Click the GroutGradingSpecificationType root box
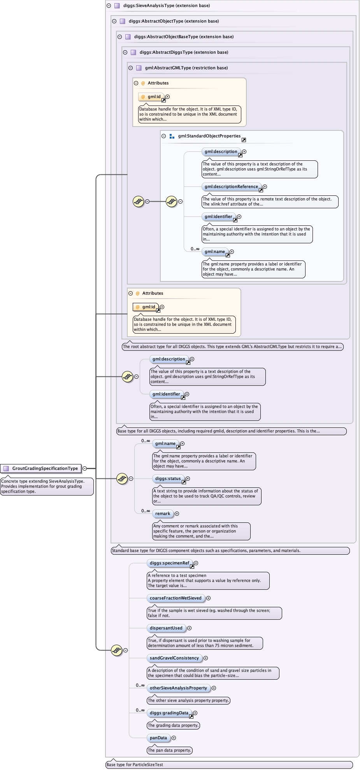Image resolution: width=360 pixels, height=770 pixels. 41,468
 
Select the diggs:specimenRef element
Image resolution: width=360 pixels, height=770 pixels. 169,563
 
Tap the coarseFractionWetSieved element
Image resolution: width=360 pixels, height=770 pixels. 176,598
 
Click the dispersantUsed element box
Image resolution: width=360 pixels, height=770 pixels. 166,628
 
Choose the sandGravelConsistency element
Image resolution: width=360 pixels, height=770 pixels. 174,658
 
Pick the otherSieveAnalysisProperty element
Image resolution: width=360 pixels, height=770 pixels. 178,688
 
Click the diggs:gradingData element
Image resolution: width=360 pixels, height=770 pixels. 169,713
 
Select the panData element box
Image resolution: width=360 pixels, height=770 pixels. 158,738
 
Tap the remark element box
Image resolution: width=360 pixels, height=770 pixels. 163,513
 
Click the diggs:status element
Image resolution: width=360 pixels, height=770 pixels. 168,478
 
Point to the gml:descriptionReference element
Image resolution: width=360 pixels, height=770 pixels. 231,186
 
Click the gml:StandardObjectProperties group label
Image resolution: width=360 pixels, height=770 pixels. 209,136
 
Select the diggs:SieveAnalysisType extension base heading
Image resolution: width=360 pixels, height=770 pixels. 167,5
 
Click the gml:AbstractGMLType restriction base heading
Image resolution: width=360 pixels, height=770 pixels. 186,68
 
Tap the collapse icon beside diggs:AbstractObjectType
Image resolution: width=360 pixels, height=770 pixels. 114,21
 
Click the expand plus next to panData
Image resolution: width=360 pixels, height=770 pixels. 174,738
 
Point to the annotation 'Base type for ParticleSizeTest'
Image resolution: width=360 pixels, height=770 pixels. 135,765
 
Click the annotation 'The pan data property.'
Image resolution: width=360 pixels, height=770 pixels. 170,750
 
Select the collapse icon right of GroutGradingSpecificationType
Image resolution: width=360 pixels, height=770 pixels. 84,468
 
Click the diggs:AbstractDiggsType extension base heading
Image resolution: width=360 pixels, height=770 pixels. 184,52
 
